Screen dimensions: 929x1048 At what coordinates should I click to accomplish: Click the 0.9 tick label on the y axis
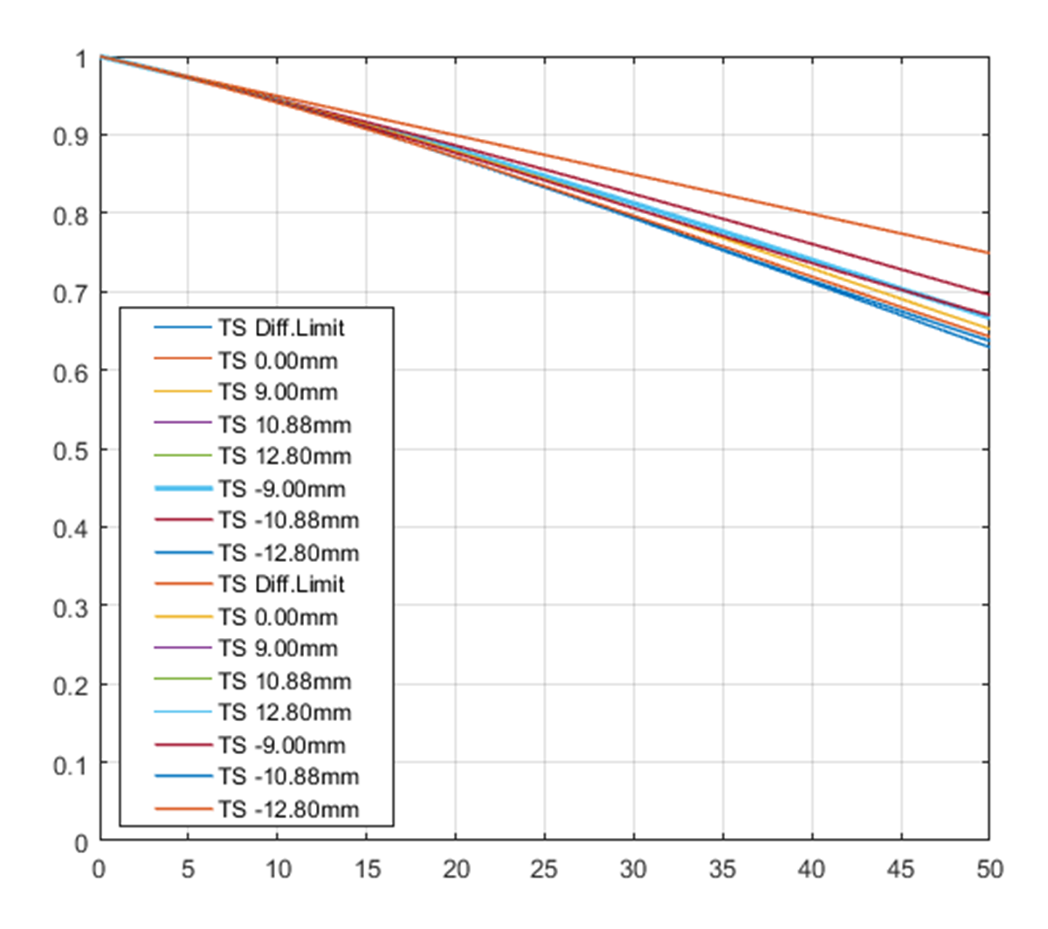(70, 136)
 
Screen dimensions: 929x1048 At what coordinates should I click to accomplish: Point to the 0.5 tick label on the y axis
(70, 450)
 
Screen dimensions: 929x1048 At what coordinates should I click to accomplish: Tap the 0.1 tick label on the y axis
(70, 764)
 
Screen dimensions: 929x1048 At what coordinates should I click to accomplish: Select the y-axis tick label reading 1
(81, 59)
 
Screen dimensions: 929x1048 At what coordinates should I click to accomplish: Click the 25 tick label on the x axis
(545, 869)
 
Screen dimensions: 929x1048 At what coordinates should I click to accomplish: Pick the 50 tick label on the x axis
(989, 869)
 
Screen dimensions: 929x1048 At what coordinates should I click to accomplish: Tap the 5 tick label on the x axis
(189, 869)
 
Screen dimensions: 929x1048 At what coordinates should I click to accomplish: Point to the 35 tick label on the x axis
(723, 869)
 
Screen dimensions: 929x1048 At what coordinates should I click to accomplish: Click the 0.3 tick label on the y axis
(70, 607)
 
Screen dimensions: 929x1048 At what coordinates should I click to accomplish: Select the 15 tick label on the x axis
(367, 869)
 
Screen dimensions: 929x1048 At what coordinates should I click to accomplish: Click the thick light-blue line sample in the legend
(183, 489)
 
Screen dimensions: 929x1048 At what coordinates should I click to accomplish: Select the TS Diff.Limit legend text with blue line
(281, 329)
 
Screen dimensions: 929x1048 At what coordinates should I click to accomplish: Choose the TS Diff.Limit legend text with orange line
(281, 585)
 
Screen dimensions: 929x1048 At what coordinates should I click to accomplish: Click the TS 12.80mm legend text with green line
(285, 456)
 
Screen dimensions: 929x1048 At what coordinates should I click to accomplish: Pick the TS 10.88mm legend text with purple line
(285, 425)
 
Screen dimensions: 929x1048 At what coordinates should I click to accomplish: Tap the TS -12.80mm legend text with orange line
(288, 809)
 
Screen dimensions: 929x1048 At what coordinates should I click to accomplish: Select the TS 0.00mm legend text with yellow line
(278, 617)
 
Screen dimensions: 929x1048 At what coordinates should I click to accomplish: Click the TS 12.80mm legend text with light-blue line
(285, 713)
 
